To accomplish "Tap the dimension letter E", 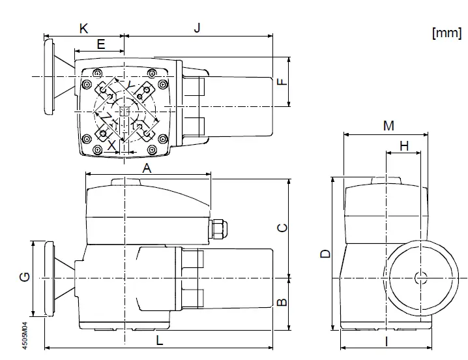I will pos(100,44).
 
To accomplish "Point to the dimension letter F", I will pos(281,82).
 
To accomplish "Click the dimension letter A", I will pos(147,168).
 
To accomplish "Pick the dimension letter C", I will pos(281,228).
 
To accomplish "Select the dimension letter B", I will pos(281,302).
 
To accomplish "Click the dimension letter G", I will pos(24,278).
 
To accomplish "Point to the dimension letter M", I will pos(388,126).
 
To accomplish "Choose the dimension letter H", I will pos(404,146).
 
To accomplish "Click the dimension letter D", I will pos(325,254).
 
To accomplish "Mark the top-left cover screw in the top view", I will pos(97,72).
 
